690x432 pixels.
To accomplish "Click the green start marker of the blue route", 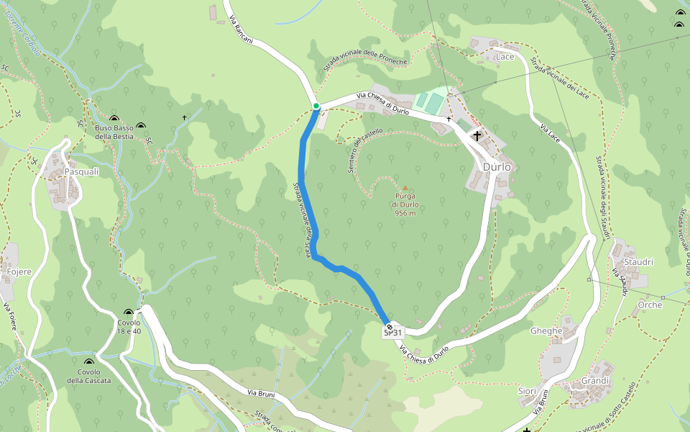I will click(x=316, y=106).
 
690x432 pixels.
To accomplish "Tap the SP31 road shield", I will click(x=392, y=332).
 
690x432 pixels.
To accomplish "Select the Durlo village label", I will click(x=497, y=166).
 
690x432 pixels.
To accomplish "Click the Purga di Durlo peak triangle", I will click(x=404, y=188).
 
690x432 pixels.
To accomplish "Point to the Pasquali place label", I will click(x=81, y=172).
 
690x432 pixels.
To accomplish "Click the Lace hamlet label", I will click(x=505, y=56).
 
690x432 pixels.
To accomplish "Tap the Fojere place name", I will click(x=19, y=271).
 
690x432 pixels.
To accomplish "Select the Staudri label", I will click(x=638, y=262).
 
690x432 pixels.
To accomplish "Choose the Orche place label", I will click(x=650, y=305).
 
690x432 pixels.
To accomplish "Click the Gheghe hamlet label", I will click(x=546, y=330).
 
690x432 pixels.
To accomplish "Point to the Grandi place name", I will click(x=595, y=380).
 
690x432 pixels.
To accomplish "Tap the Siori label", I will click(x=528, y=391).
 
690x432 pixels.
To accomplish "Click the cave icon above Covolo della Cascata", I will click(x=89, y=363).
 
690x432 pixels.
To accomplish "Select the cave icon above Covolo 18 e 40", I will click(x=129, y=313).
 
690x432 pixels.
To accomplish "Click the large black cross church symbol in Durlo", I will click(x=477, y=135).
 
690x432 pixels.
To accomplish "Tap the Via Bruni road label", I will click(x=262, y=393).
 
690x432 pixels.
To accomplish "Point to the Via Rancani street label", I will click(x=241, y=30).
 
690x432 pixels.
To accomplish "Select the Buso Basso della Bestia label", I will click(x=114, y=132).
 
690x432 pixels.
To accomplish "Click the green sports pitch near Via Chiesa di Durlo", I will click(x=428, y=102).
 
